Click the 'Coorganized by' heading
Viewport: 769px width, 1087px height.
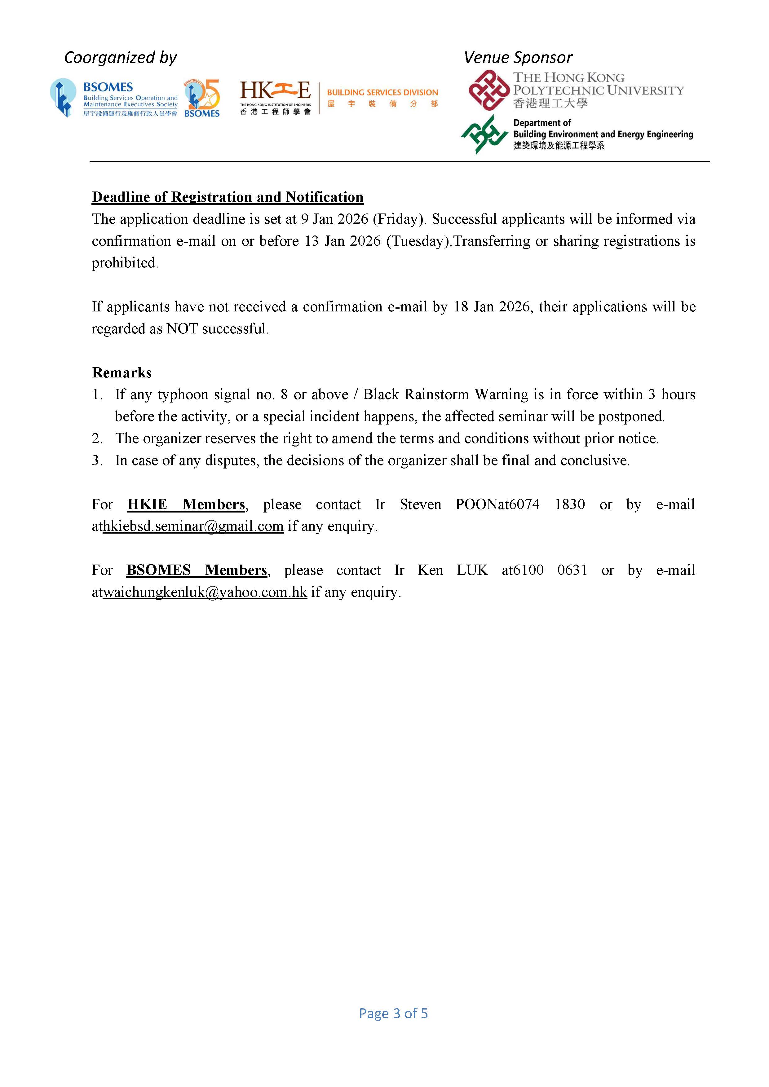(x=120, y=58)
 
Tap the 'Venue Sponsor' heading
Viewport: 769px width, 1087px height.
(x=518, y=58)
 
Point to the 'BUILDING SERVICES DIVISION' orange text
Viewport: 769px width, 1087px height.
(x=382, y=92)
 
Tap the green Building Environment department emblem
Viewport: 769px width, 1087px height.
(x=484, y=134)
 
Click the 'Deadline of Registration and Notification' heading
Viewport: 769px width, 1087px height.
(x=227, y=197)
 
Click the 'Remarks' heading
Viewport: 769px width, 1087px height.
(x=122, y=372)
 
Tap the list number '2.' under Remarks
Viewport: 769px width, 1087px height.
(x=97, y=438)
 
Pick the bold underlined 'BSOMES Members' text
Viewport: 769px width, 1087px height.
(x=197, y=570)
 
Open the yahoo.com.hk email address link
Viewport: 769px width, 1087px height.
(x=205, y=592)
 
